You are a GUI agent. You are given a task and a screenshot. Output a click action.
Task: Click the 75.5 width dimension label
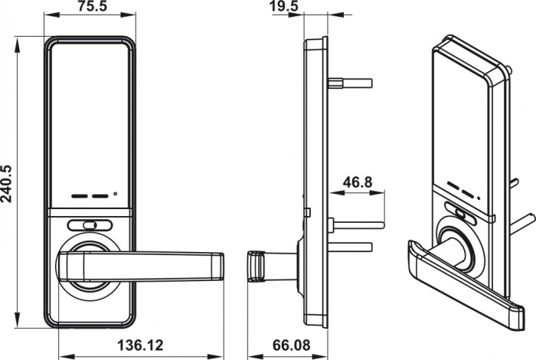(x=93, y=6)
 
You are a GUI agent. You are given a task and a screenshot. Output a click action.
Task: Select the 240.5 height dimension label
(x=6, y=184)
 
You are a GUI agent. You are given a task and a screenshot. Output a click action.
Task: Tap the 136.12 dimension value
(x=140, y=345)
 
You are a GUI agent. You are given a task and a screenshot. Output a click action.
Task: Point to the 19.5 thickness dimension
(x=284, y=6)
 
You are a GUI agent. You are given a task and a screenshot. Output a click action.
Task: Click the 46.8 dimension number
(x=358, y=182)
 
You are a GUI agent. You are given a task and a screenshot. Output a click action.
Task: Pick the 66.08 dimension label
(x=291, y=345)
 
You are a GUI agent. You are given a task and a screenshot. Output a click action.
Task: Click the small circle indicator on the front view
(x=115, y=194)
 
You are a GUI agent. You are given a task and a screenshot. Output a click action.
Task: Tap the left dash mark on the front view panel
(x=80, y=196)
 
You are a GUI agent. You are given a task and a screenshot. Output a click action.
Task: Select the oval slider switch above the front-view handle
(x=90, y=225)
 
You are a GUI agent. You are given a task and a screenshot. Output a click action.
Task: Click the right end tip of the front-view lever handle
(x=224, y=267)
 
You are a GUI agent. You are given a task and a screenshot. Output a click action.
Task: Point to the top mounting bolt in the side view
(x=350, y=83)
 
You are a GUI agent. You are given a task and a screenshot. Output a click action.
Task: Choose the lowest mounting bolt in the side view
(x=350, y=247)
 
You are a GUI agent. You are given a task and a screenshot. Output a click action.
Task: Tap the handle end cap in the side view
(x=255, y=267)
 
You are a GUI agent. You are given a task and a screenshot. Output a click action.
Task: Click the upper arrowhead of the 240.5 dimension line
(x=17, y=45)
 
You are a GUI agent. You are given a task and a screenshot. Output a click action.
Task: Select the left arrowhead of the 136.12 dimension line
(x=67, y=357)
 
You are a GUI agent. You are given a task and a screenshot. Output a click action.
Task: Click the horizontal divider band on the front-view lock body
(x=90, y=212)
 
